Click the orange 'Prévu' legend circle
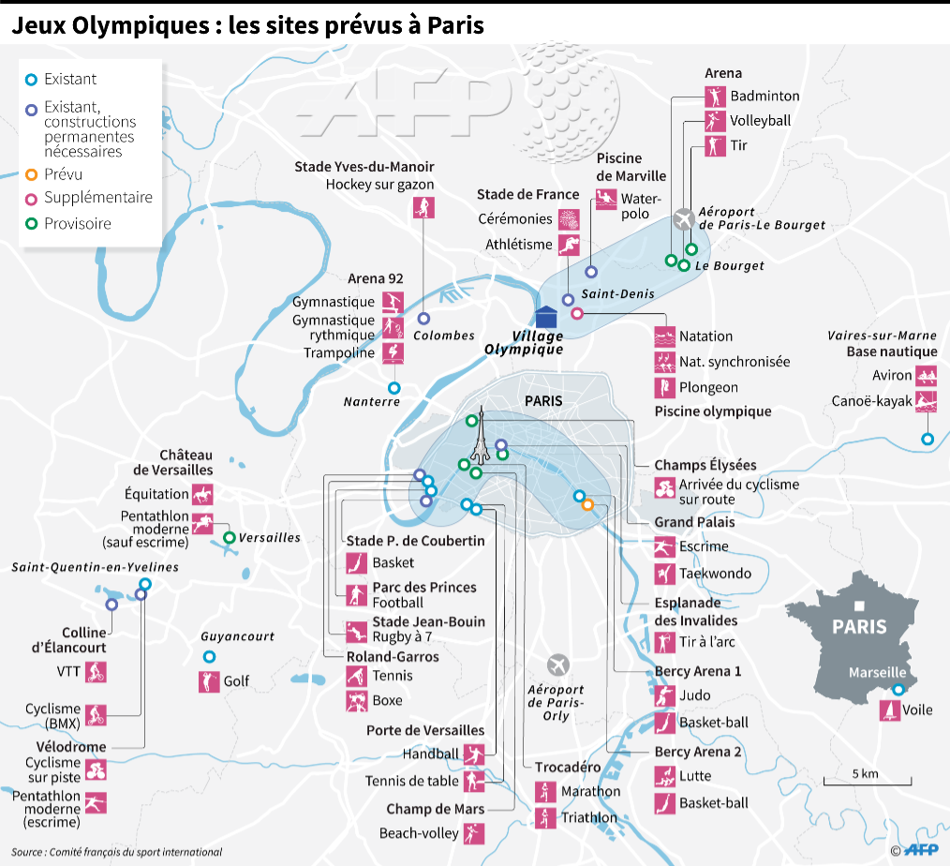[x=31, y=174]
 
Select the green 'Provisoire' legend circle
[x=31, y=224]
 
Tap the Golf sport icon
[x=208, y=681]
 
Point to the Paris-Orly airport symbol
[x=558, y=665]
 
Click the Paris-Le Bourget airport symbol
[x=684, y=219]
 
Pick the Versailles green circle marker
[x=229, y=538]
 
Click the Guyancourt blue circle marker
[x=209, y=657]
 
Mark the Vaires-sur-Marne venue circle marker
[x=928, y=439]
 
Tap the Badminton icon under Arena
[x=716, y=97]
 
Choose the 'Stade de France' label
[x=527, y=195]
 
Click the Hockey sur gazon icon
[x=423, y=207]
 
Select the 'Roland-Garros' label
[x=393, y=656]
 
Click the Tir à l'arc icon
[x=664, y=642]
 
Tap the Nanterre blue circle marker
[x=393, y=387]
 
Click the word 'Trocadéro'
[x=568, y=767]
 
